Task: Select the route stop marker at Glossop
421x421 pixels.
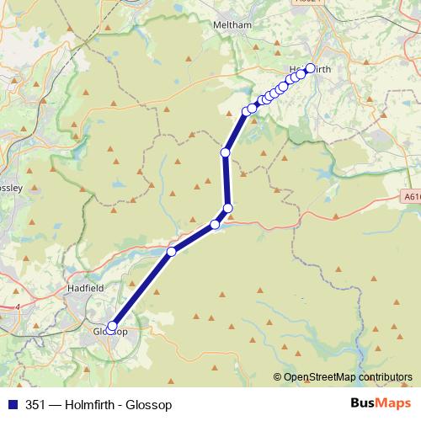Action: point(112,326)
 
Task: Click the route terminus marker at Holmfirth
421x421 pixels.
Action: point(310,68)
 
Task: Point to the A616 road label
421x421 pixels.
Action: point(410,194)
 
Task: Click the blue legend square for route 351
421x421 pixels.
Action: point(10,405)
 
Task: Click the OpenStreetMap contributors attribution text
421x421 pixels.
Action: point(348,377)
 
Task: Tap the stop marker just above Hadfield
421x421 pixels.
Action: point(172,251)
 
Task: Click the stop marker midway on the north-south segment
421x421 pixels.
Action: point(225,152)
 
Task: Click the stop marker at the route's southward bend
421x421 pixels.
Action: point(227,208)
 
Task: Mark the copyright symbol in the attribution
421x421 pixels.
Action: point(277,377)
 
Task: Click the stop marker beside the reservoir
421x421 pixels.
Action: point(215,224)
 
